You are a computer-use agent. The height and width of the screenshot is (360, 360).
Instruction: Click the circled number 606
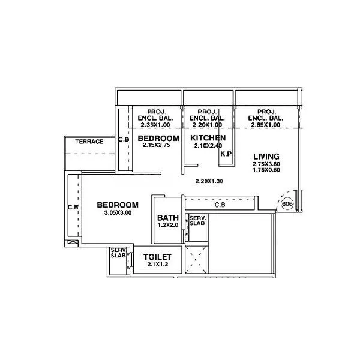(x=287, y=204)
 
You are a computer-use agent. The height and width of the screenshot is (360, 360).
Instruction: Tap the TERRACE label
(x=89, y=142)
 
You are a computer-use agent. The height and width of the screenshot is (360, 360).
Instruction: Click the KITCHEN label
(x=208, y=139)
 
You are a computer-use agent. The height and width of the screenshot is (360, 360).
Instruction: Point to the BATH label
(x=166, y=218)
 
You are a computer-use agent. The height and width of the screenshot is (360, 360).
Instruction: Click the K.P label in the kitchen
(x=226, y=154)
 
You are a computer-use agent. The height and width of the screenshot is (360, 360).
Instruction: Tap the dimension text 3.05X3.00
(x=118, y=212)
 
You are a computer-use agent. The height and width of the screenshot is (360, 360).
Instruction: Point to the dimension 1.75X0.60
(x=265, y=170)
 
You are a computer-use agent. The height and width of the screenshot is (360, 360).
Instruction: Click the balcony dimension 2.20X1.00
(x=207, y=125)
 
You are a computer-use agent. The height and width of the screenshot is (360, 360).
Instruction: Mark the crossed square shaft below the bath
(x=196, y=259)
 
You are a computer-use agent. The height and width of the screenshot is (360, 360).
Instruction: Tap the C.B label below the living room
(x=220, y=205)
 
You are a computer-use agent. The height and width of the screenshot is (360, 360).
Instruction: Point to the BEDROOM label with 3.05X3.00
(x=118, y=205)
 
